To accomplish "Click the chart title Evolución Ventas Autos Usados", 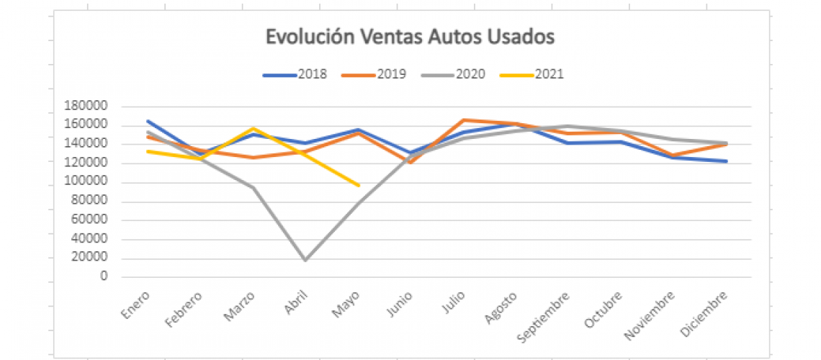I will (410, 37).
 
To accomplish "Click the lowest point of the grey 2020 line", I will (305, 260).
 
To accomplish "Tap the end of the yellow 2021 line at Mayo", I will (358, 185).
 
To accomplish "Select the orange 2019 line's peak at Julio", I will (463, 120).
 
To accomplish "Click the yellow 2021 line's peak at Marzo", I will (253, 128).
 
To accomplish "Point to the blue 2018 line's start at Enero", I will (147, 121).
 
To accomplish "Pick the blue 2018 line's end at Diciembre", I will (727, 161).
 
